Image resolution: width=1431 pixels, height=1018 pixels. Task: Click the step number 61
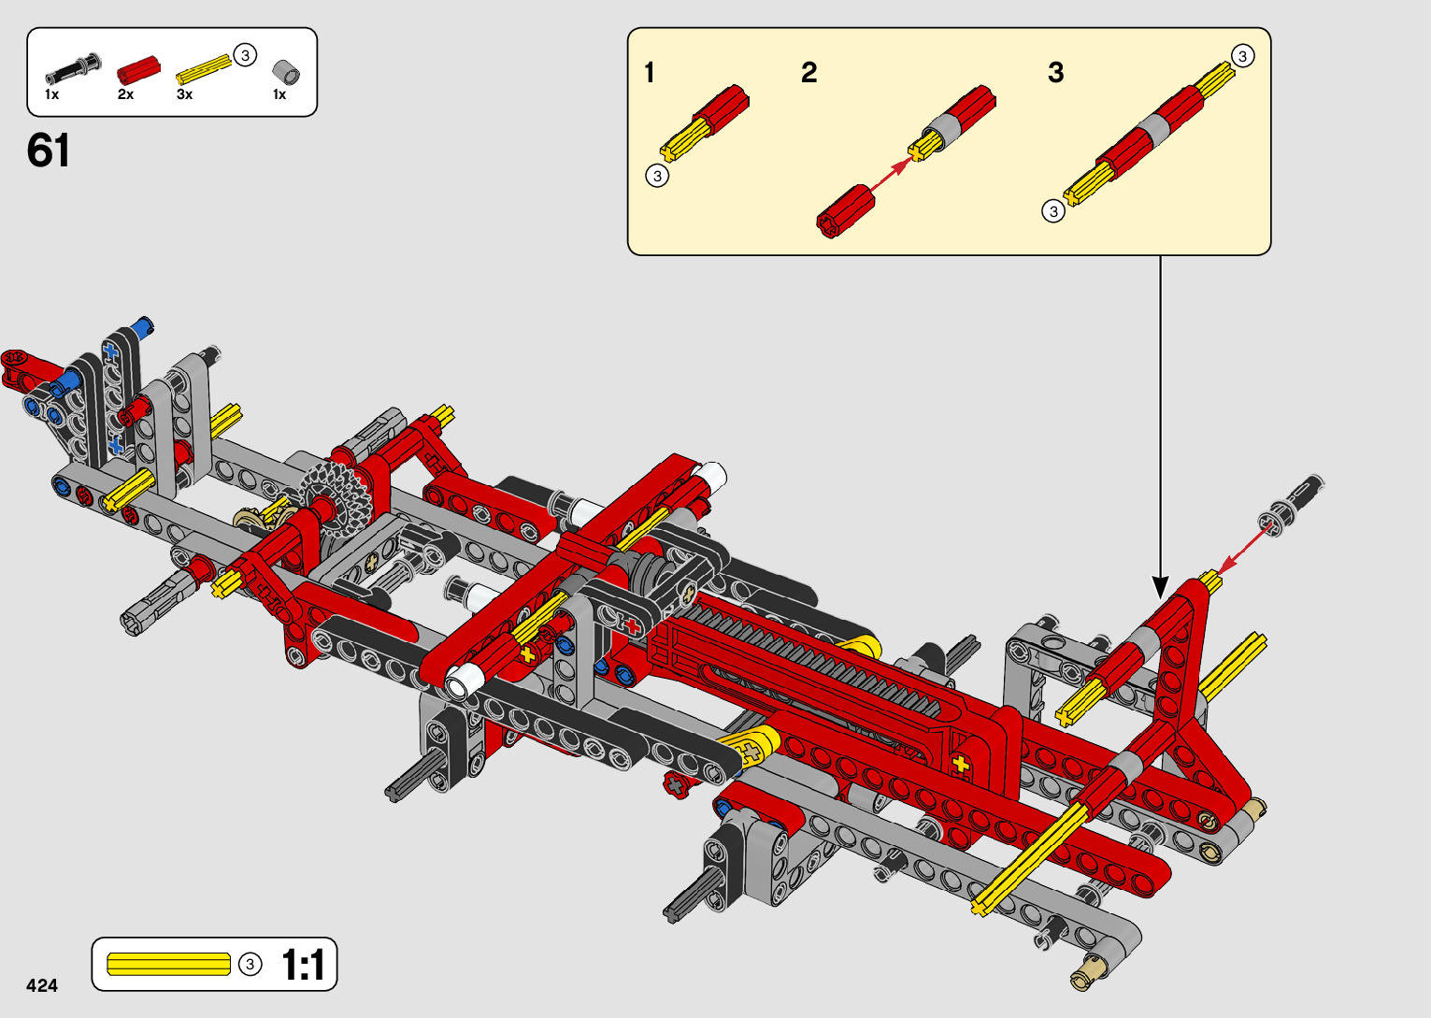pos(48,151)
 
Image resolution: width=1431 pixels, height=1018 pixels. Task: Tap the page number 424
pos(42,985)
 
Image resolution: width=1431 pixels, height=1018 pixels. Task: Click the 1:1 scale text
pos(303,965)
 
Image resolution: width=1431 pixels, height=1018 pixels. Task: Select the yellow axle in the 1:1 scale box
pos(168,965)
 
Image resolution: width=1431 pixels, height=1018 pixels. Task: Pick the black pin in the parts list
pos(73,69)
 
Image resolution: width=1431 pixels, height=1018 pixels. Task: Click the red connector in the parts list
pos(138,70)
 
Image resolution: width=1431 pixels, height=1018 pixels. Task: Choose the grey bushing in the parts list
pos(286,72)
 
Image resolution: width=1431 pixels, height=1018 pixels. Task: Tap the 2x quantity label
pos(125,94)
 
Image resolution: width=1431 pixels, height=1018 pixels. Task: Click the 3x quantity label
pos(185,94)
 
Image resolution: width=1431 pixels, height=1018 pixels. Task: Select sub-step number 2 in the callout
pos(809,72)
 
